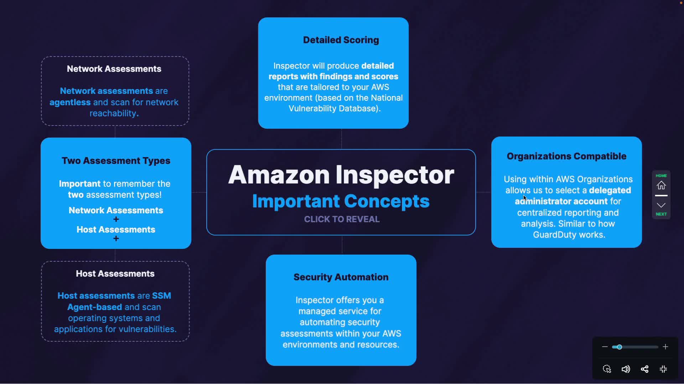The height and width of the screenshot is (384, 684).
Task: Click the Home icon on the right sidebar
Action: [x=661, y=185]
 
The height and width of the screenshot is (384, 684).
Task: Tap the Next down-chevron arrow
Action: [x=661, y=205]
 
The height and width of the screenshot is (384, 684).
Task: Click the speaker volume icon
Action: [x=626, y=369]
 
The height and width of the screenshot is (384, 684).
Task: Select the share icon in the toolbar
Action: [x=644, y=369]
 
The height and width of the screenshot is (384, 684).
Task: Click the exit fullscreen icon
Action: [x=663, y=369]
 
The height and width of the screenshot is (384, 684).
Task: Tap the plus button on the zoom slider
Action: [x=665, y=347]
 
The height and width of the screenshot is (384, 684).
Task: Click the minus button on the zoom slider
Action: [x=605, y=347]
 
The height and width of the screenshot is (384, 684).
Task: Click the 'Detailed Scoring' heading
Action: [x=341, y=40]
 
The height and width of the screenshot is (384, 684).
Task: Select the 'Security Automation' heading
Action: [x=341, y=277]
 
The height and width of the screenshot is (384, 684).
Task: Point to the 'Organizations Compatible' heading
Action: [x=566, y=156]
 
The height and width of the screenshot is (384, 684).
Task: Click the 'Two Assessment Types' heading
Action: [x=116, y=160]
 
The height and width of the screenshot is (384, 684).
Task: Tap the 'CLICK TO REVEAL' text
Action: [x=342, y=219]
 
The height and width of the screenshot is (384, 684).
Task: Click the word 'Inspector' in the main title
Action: [x=395, y=175]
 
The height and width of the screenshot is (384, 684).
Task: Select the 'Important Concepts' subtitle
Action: [x=341, y=201]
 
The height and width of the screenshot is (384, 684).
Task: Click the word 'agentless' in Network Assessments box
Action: [x=70, y=102]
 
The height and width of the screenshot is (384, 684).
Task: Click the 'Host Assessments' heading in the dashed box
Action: [x=115, y=273]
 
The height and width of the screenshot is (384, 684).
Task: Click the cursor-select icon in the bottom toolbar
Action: [x=607, y=369]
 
